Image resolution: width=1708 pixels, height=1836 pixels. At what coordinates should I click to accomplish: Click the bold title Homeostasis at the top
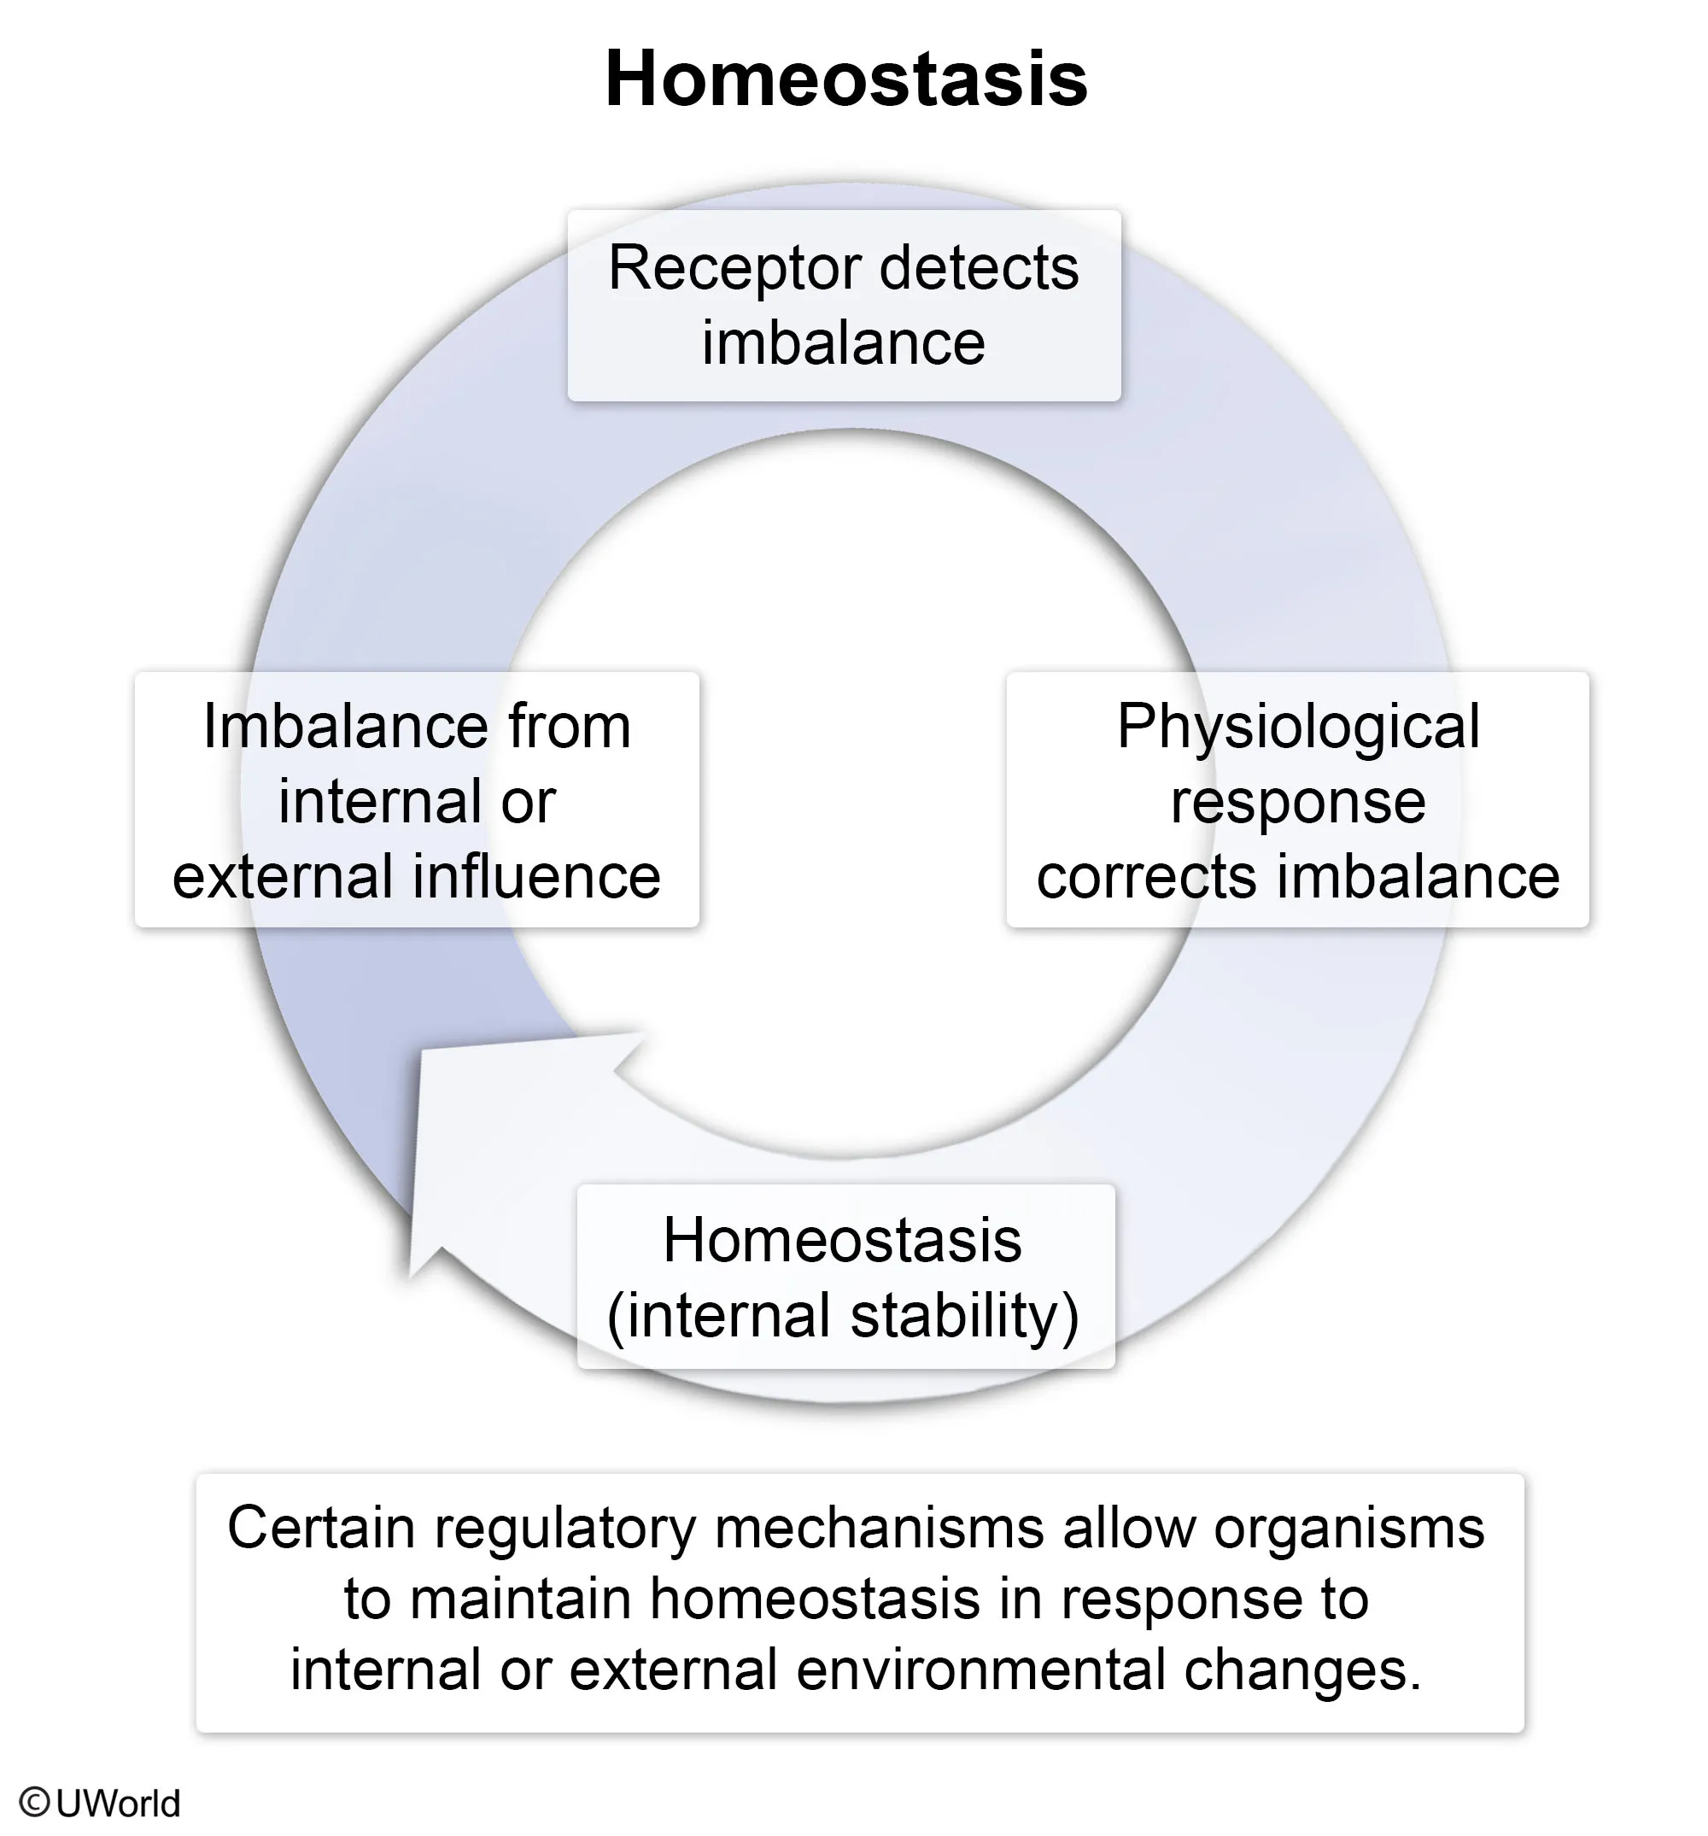pos(845,79)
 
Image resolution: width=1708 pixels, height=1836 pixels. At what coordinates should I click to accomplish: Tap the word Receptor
pos(734,269)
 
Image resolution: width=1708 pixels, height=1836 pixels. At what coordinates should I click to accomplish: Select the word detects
pos(980,269)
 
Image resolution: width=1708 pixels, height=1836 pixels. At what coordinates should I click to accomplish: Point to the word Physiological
pos(1298,727)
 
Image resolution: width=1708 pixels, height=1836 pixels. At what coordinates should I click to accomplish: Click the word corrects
pos(1145,876)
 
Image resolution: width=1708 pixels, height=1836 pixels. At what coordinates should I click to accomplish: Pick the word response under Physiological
pos(1298,802)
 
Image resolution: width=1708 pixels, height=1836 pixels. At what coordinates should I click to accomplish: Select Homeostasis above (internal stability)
pos(841,1240)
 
